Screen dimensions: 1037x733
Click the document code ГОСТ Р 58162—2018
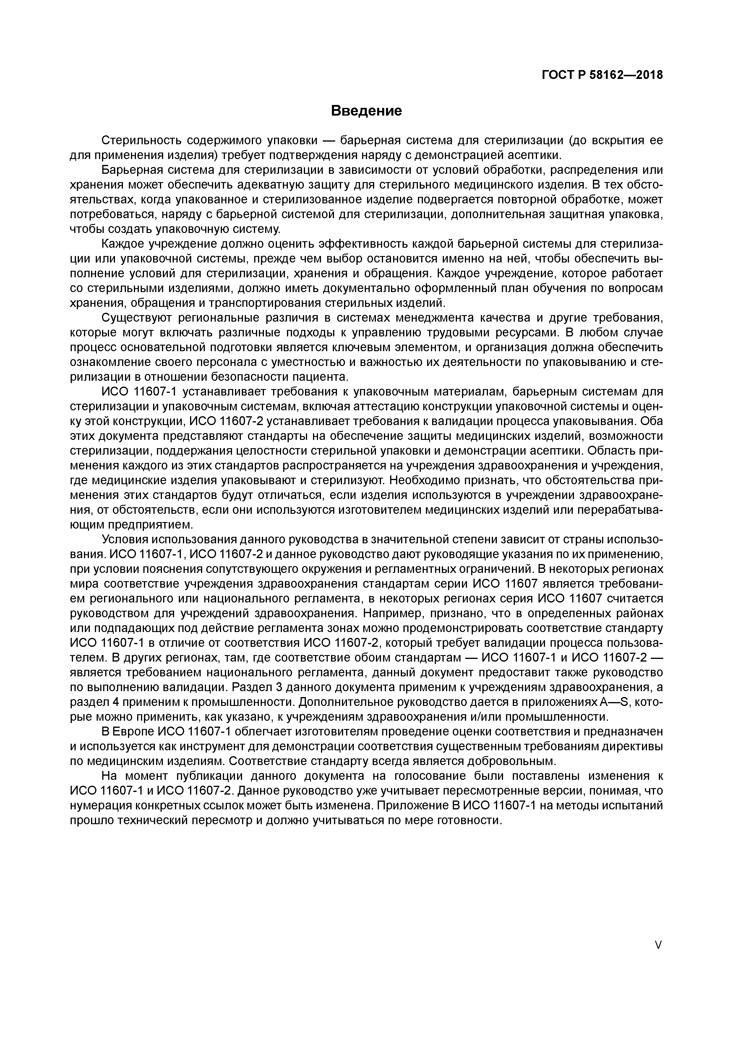602,75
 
